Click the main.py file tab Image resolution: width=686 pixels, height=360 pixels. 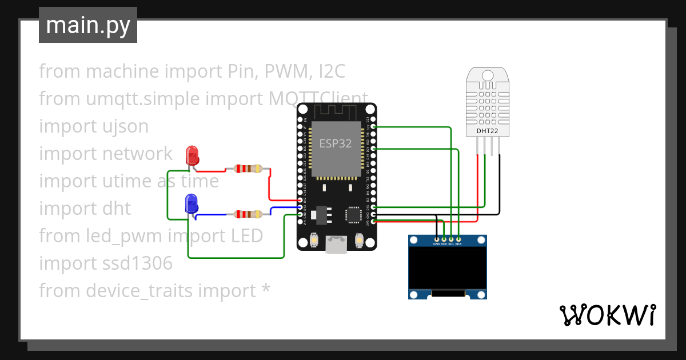click(x=87, y=25)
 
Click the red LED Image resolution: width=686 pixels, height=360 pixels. click(x=192, y=155)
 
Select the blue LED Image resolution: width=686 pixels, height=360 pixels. click(x=192, y=203)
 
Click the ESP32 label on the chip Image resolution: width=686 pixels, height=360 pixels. click(x=336, y=143)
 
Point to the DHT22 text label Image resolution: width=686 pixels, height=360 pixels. click(x=487, y=131)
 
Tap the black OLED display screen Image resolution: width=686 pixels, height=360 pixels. click(x=448, y=268)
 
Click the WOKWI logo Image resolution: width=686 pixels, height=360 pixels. click(x=607, y=315)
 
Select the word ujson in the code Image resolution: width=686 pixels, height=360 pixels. click(x=126, y=126)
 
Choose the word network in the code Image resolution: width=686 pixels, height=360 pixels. click(x=137, y=154)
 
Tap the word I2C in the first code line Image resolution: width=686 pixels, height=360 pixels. click(x=332, y=71)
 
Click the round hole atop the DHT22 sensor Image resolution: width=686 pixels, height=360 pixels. click(x=487, y=75)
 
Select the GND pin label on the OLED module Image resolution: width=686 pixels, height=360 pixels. click(x=436, y=244)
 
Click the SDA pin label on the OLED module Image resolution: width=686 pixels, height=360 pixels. click(x=458, y=244)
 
